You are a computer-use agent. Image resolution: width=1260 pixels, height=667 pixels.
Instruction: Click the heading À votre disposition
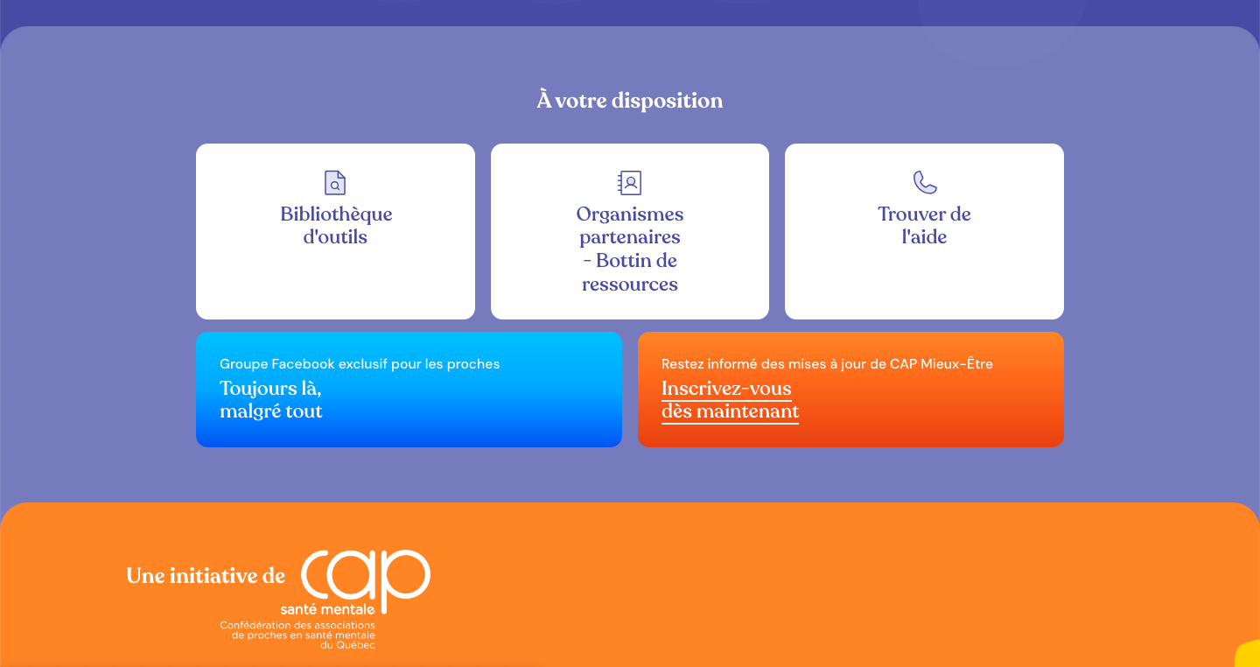coord(629,100)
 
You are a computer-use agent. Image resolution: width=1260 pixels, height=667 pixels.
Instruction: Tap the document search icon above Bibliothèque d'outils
coord(335,182)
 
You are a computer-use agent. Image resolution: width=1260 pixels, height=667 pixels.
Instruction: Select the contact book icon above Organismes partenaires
coord(629,182)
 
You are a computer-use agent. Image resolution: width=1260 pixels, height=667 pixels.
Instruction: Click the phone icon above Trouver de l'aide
coord(925,182)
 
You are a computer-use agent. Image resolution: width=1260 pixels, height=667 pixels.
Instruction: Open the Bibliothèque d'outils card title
coord(336,225)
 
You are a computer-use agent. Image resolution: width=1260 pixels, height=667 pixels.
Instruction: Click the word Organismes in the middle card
coord(629,214)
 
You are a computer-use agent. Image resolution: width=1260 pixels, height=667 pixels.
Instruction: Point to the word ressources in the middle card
coord(629,284)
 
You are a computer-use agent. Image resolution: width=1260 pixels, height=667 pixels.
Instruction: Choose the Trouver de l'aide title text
coord(924,225)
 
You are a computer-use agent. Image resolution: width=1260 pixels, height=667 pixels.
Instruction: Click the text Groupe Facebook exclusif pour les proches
coord(360,364)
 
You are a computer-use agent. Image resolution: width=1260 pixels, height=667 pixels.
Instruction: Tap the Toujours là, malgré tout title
coord(270,400)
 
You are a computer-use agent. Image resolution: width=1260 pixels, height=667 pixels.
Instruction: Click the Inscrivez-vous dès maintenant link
coord(730,400)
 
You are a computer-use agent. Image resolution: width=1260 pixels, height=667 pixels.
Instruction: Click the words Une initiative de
coord(206,576)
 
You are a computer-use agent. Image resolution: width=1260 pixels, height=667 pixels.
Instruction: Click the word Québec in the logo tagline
coord(355,645)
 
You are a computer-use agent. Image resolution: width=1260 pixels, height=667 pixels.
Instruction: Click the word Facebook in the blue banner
coord(303,364)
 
